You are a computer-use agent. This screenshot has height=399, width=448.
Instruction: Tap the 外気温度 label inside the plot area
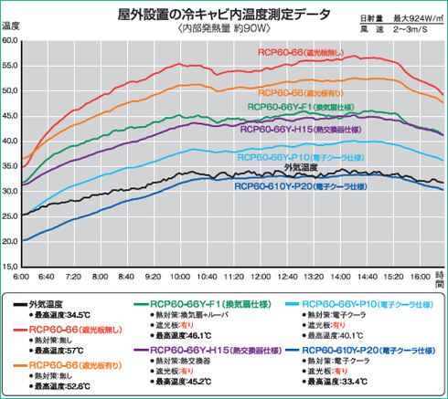tap(301, 167)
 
